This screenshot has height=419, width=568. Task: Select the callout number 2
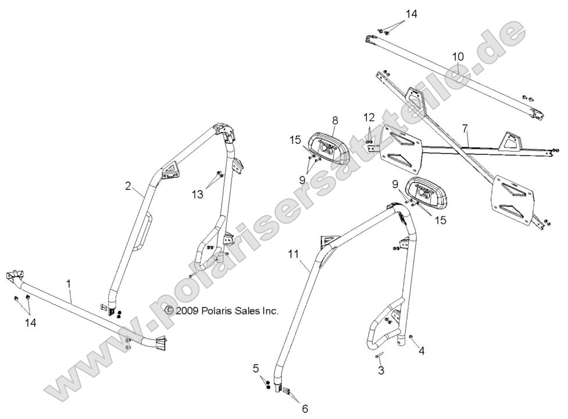128,186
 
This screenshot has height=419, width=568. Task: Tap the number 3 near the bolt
381,370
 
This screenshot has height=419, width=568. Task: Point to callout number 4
422,350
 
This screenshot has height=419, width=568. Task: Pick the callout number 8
335,120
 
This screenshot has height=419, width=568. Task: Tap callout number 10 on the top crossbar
458,56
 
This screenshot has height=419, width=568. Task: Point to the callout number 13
198,194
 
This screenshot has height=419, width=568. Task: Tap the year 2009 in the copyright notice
187,311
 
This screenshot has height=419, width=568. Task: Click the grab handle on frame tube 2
144,232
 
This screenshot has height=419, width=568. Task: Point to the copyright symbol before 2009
169,311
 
